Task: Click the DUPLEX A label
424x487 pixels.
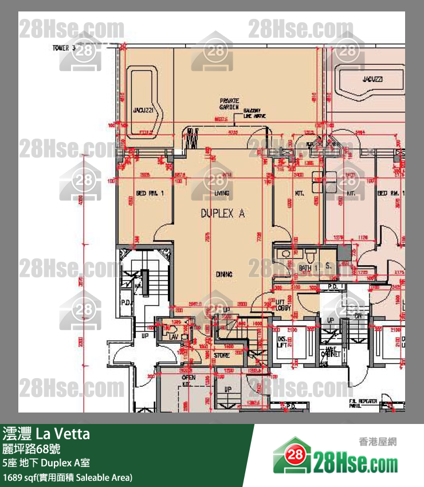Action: tap(223, 214)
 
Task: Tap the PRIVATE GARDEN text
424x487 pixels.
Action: tap(229, 103)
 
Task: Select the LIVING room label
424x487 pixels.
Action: tap(222, 194)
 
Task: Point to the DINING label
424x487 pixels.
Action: tap(224, 274)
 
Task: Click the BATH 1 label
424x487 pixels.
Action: tap(308, 268)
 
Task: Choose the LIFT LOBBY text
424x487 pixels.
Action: tap(283, 305)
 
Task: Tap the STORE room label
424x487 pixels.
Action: tap(222, 355)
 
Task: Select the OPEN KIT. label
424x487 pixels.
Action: tap(189, 381)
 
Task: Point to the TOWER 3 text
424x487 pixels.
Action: tap(64, 49)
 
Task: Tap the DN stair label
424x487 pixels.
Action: tap(359, 316)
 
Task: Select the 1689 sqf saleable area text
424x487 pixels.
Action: tap(68, 477)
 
